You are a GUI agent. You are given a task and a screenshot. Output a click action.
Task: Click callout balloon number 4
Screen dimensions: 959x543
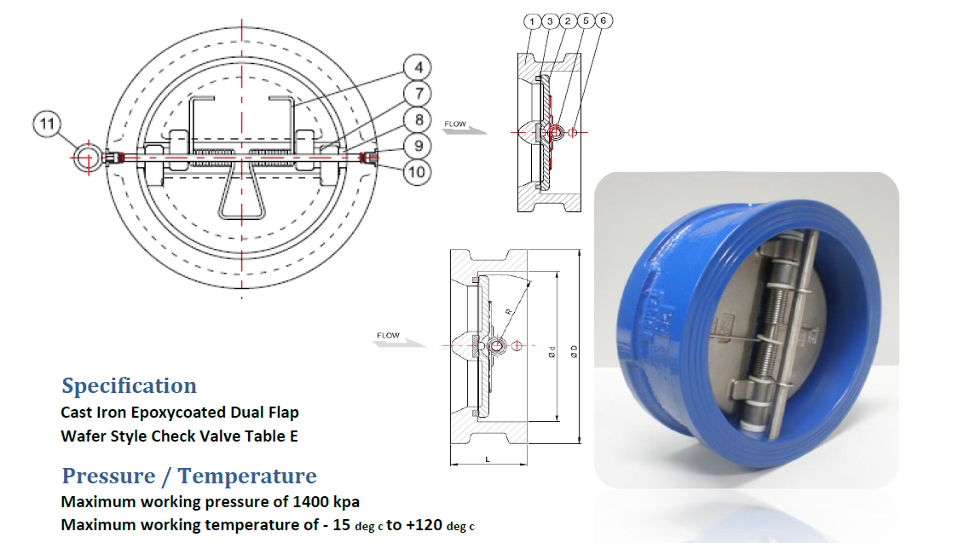418,67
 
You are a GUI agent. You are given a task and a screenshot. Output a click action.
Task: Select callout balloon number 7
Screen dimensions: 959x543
418,94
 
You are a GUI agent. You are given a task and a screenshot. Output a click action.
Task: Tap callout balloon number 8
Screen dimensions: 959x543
418,120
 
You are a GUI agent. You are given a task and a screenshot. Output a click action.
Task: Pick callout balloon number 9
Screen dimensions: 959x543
418,146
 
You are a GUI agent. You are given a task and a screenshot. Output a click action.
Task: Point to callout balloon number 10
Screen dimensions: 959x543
418,172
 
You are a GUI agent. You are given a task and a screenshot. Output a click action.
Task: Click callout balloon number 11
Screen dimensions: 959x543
47,124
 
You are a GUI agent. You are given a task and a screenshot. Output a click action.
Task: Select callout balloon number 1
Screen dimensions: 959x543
532,21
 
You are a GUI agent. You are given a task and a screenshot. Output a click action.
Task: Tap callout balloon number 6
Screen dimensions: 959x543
604,20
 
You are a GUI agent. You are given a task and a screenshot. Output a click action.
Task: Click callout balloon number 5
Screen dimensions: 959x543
586,20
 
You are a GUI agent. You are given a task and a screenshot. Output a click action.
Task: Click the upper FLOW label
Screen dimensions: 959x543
455,124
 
